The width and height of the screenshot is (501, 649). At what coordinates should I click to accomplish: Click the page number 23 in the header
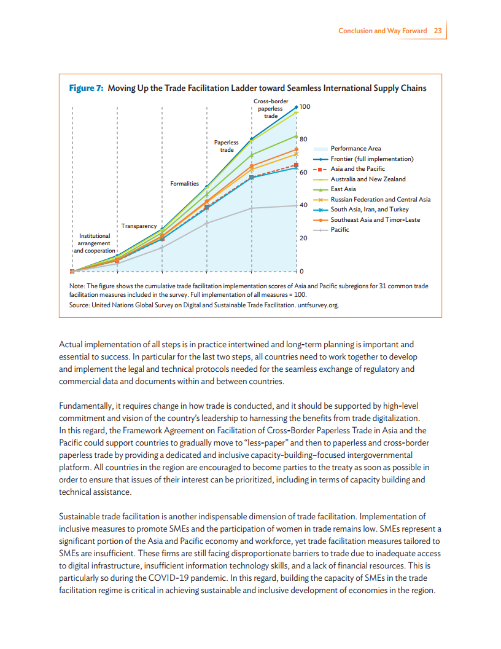point(438,31)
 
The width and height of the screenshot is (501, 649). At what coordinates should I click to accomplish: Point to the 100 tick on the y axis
point(305,107)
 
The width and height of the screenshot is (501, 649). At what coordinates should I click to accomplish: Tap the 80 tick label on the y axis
point(303,139)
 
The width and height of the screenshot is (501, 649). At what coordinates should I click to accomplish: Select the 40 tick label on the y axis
point(303,205)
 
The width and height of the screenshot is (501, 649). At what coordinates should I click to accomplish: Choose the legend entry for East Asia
point(343,189)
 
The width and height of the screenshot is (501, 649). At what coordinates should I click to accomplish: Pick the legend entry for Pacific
point(340,230)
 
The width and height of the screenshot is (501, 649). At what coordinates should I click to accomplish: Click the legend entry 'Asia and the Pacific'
point(357,169)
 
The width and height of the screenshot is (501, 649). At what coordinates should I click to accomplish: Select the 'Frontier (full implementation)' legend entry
point(371,159)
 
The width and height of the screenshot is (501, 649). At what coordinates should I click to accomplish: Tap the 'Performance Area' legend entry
point(355,148)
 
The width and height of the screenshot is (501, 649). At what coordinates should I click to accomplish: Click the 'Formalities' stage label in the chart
point(184,184)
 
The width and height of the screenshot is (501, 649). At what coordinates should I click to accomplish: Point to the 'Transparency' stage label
point(139,226)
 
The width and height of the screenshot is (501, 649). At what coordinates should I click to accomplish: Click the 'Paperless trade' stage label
point(227,146)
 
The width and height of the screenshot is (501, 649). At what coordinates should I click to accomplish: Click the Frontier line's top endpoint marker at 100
point(296,107)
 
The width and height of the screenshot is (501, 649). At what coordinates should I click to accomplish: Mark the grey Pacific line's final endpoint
point(296,206)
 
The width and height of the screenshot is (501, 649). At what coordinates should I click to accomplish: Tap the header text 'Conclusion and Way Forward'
point(383,31)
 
